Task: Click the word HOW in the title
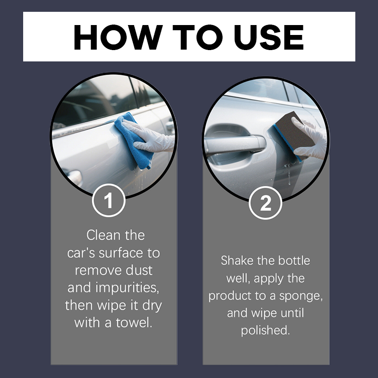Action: click(x=118, y=37)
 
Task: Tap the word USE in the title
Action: click(x=268, y=37)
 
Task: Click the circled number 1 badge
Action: click(x=109, y=200)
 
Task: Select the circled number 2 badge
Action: click(x=266, y=203)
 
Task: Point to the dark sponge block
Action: click(x=293, y=136)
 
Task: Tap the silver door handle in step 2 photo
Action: click(x=235, y=144)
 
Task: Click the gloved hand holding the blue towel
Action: click(x=148, y=137)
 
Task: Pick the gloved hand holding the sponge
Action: click(x=310, y=138)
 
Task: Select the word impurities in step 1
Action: click(x=127, y=288)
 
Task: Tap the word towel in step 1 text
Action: click(x=134, y=323)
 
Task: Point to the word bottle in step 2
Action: click(x=294, y=261)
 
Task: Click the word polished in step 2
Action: click(x=265, y=330)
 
